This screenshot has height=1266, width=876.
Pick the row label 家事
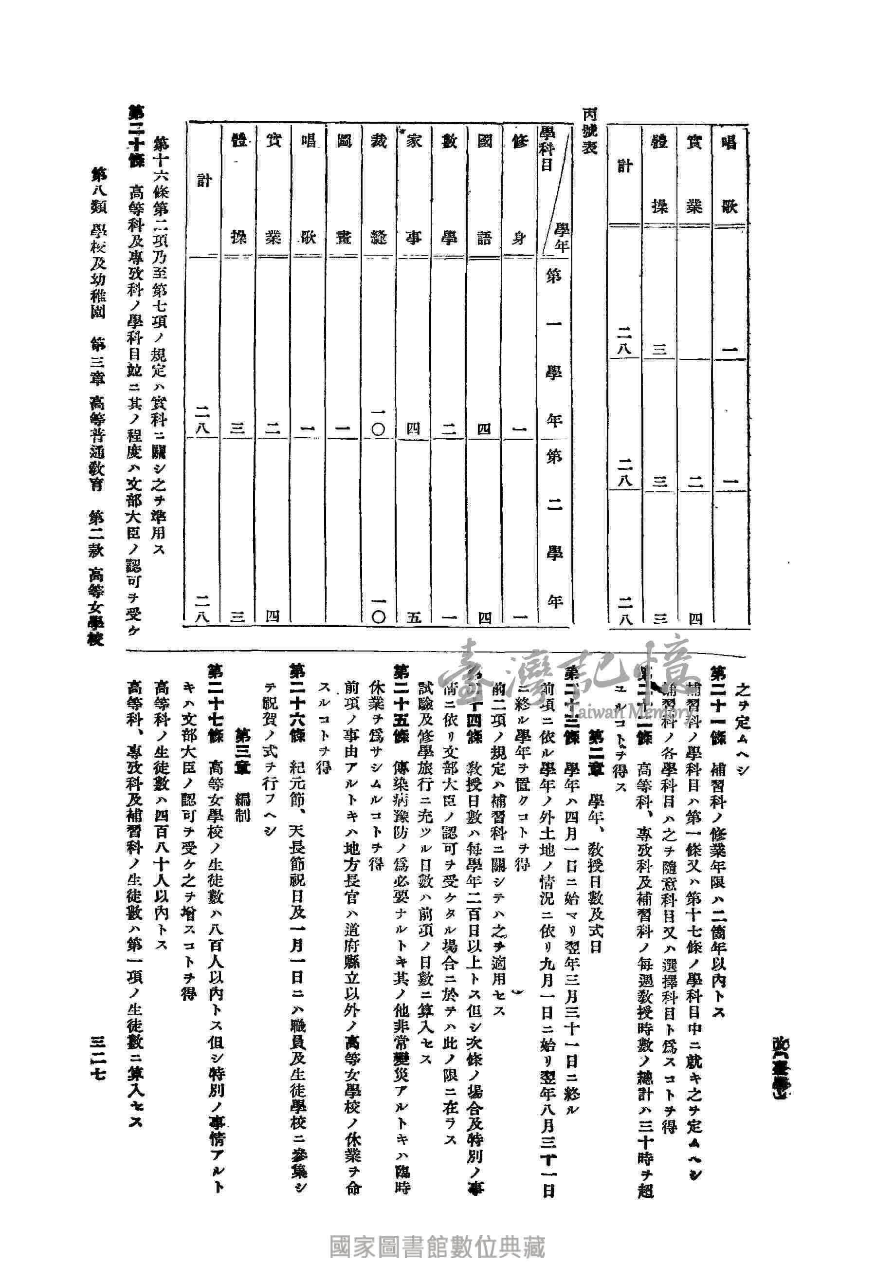tap(414, 189)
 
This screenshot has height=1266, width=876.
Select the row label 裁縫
tap(379, 189)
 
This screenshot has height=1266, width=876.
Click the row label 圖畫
tap(344, 189)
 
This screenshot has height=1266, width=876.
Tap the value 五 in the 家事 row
tap(414, 616)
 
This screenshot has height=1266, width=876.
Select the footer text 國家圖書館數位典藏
tap(437, 1231)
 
